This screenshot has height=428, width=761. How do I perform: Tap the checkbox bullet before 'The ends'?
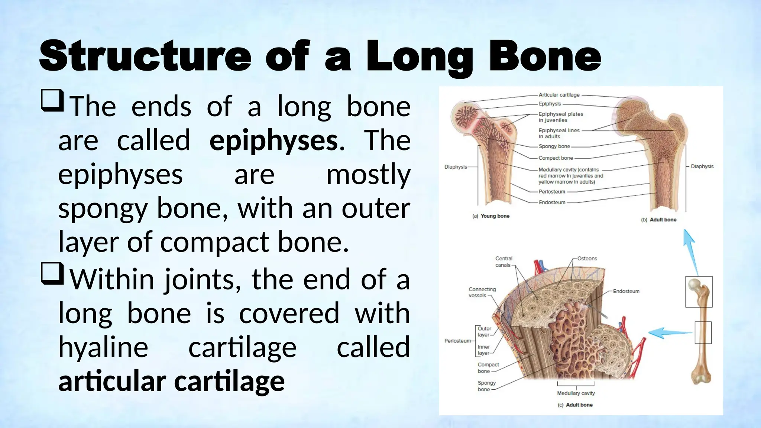52,100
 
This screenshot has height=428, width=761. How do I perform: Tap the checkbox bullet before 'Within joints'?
52,273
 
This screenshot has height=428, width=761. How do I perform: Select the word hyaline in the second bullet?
103,347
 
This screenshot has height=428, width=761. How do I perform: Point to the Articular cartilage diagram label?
559,95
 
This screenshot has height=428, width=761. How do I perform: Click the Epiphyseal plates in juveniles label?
561,117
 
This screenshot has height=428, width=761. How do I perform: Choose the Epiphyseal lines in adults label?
559,133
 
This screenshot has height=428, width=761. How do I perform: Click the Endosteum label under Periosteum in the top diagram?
552,202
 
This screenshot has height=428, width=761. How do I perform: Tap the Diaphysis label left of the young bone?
456,167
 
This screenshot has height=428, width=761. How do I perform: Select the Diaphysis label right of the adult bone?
702,166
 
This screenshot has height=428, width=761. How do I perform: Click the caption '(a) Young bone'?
490,216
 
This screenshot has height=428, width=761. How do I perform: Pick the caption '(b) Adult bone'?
659,220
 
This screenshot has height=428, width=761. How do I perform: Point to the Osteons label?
587,259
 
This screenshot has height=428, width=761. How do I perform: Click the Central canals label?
503,262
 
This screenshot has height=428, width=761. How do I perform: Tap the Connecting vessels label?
482,292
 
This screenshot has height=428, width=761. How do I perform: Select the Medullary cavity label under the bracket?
576,393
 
